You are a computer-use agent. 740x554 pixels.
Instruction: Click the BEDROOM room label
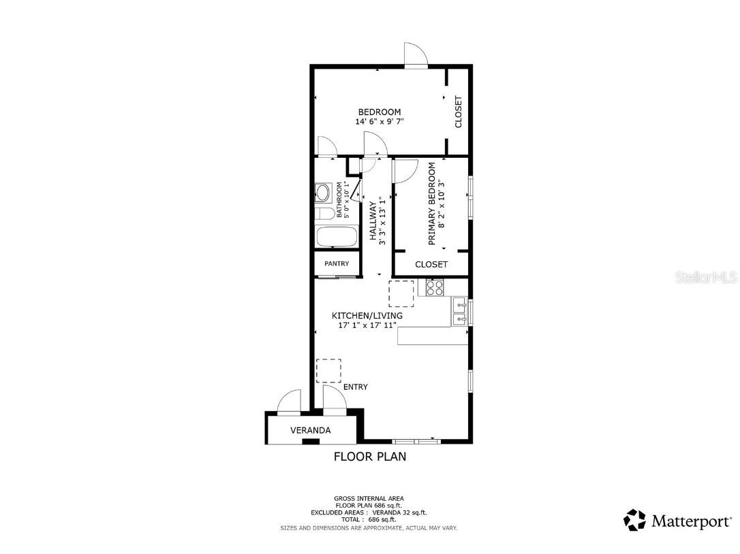[x=380, y=112]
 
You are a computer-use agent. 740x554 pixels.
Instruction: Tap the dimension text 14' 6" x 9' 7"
[x=380, y=122]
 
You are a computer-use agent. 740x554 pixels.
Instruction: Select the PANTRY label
[x=337, y=263]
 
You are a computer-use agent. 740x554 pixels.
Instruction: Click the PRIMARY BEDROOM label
[x=431, y=203]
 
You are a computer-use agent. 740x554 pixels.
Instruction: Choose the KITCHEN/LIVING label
[x=367, y=316]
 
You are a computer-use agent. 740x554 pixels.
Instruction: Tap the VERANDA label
[x=310, y=430]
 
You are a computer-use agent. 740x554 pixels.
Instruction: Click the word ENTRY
[x=355, y=387]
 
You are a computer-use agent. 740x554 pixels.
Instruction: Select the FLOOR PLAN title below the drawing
[x=369, y=457]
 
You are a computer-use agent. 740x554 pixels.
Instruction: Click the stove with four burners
[x=435, y=287]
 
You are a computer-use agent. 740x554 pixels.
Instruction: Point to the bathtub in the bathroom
[x=336, y=238]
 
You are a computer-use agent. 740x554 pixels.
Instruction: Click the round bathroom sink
[x=323, y=193]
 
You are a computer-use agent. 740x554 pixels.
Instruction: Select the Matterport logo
[x=678, y=521]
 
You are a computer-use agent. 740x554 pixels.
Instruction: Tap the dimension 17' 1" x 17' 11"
[x=367, y=325]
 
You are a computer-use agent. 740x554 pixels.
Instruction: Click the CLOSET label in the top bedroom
[x=458, y=112]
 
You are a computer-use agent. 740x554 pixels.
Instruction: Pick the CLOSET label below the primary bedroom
[x=431, y=264]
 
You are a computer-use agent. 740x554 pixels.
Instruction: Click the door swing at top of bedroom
[x=416, y=55]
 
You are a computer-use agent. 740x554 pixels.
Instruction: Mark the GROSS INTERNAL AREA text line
[x=369, y=498]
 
